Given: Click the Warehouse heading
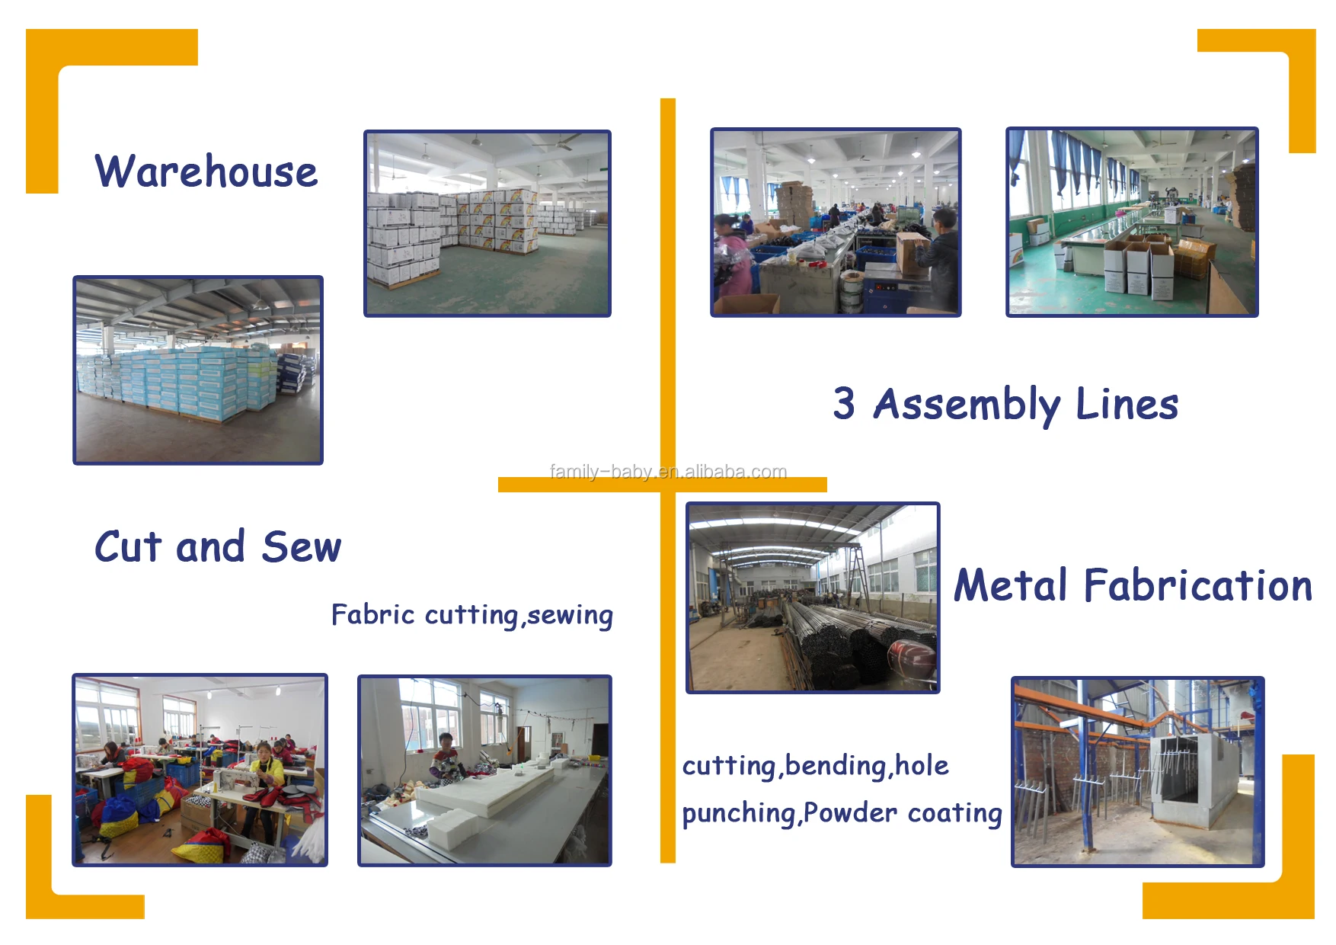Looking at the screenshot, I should tap(206, 171).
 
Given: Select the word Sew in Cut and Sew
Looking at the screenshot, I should tap(302, 547).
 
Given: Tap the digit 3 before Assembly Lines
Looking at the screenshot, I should tap(844, 403).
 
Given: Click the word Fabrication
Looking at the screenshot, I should tap(1198, 585).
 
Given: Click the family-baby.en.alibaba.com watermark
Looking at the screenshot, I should tap(668, 472).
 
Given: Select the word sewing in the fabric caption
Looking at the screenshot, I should tap(570, 615).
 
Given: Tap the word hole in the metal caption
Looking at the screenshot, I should tap(922, 766).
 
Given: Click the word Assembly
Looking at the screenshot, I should tap(967, 404).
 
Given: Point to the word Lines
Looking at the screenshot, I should tap(1127, 404).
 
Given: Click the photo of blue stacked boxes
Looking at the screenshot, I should tap(198, 370).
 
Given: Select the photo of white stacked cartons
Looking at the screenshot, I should tap(487, 223).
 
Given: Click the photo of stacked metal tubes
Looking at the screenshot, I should tap(813, 597).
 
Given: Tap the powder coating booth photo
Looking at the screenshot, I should tap(1137, 771).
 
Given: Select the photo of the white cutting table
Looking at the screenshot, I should tap(484, 770).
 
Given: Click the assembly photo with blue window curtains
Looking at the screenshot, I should tap(1132, 222).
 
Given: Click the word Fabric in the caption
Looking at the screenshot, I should tap(373, 615).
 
